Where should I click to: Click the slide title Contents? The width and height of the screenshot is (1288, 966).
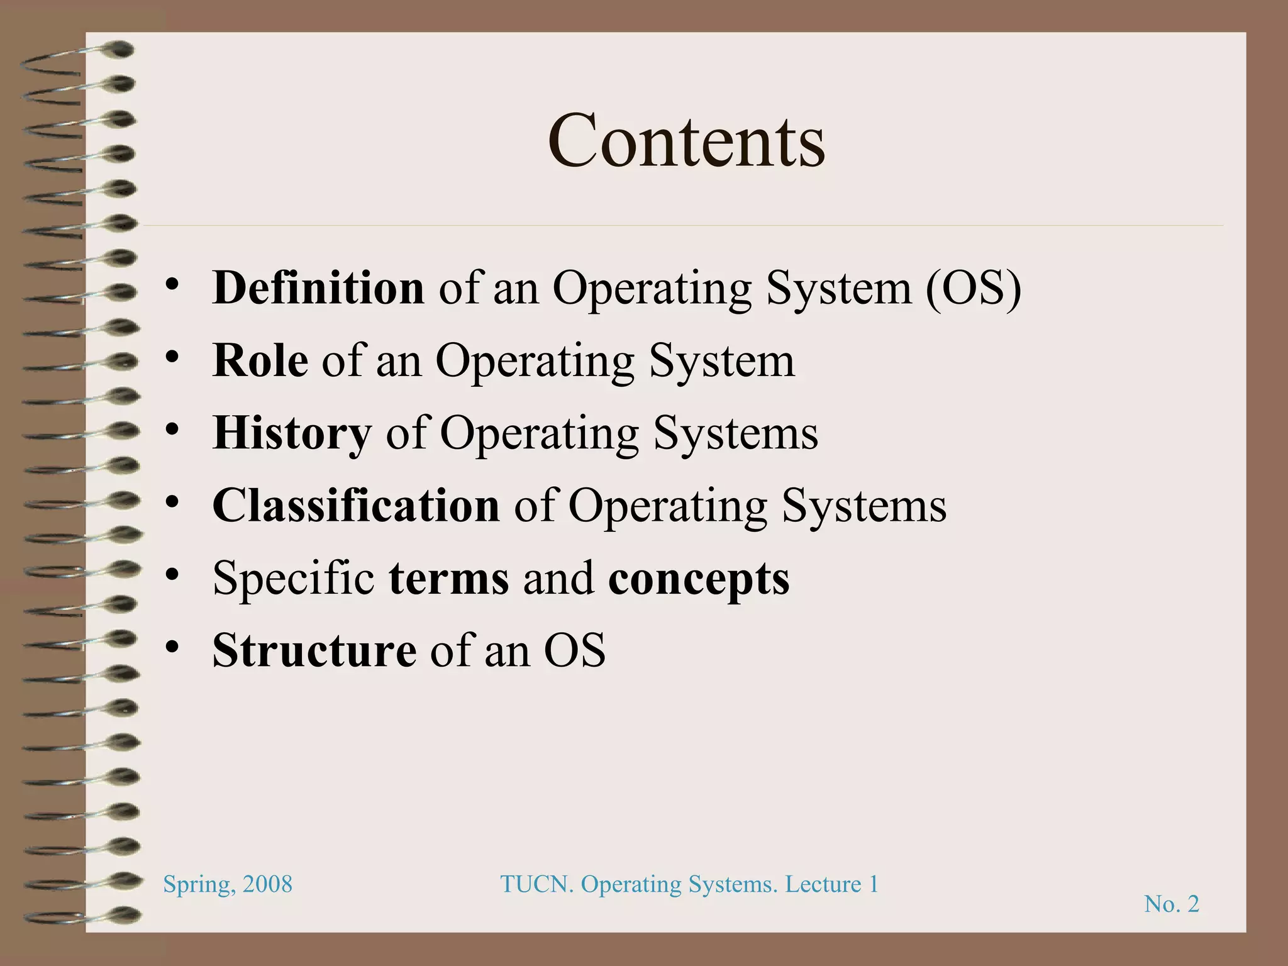[x=686, y=140]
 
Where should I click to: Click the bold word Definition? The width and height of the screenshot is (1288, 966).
[x=318, y=288]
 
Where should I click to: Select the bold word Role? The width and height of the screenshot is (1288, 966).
[x=260, y=361]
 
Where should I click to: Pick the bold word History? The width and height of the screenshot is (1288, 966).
[x=292, y=434]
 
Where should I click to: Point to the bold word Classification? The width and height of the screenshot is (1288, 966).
[x=356, y=506]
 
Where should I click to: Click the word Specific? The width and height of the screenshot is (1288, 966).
[x=294, y=578]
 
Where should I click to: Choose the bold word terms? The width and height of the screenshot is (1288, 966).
[x=449, y=579]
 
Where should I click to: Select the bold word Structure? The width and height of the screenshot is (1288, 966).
[x=314, y=650]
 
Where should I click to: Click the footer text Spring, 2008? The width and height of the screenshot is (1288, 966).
[x=228, y=884]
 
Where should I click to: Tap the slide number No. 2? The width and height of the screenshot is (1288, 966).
[x=1172, y=904]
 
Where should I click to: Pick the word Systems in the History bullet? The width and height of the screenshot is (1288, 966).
[x=735, y=434]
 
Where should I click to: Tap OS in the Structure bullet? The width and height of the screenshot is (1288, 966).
[x=574, y=650]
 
